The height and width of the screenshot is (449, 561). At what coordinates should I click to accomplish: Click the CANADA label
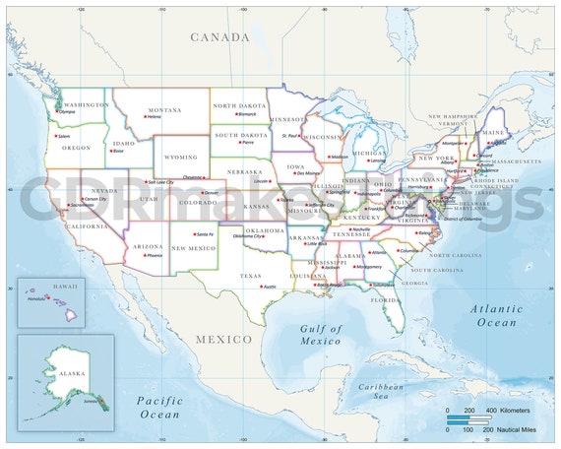[219, 36]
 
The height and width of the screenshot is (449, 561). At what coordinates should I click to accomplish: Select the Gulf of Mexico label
[321, 335]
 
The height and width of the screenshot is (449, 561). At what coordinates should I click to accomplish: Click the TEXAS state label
[251, 277]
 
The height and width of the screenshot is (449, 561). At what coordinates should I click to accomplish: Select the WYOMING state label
[180, 156]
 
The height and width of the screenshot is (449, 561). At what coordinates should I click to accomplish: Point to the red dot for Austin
[261, 287]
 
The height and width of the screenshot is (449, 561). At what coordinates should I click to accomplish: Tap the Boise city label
[118, 152]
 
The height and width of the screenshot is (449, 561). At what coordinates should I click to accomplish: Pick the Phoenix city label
[155, 255]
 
